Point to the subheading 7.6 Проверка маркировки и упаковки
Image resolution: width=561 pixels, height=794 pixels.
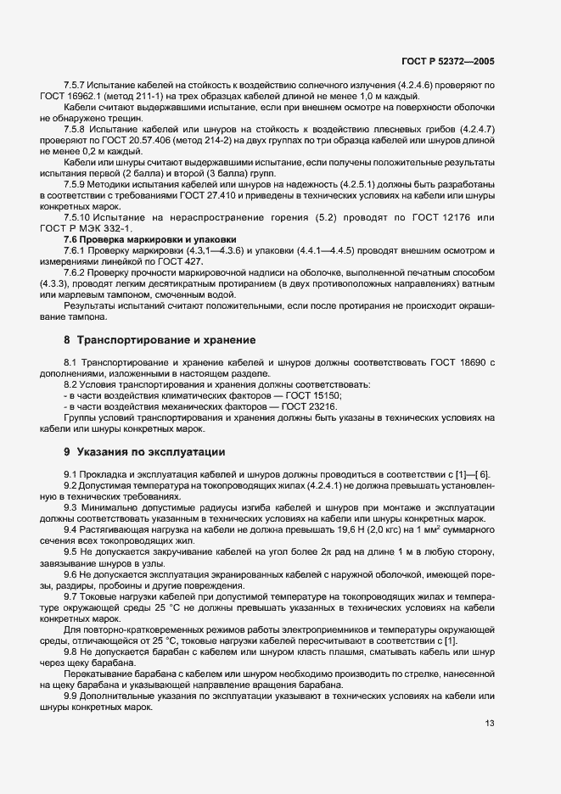pyautogui.click(x=150, y=238)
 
